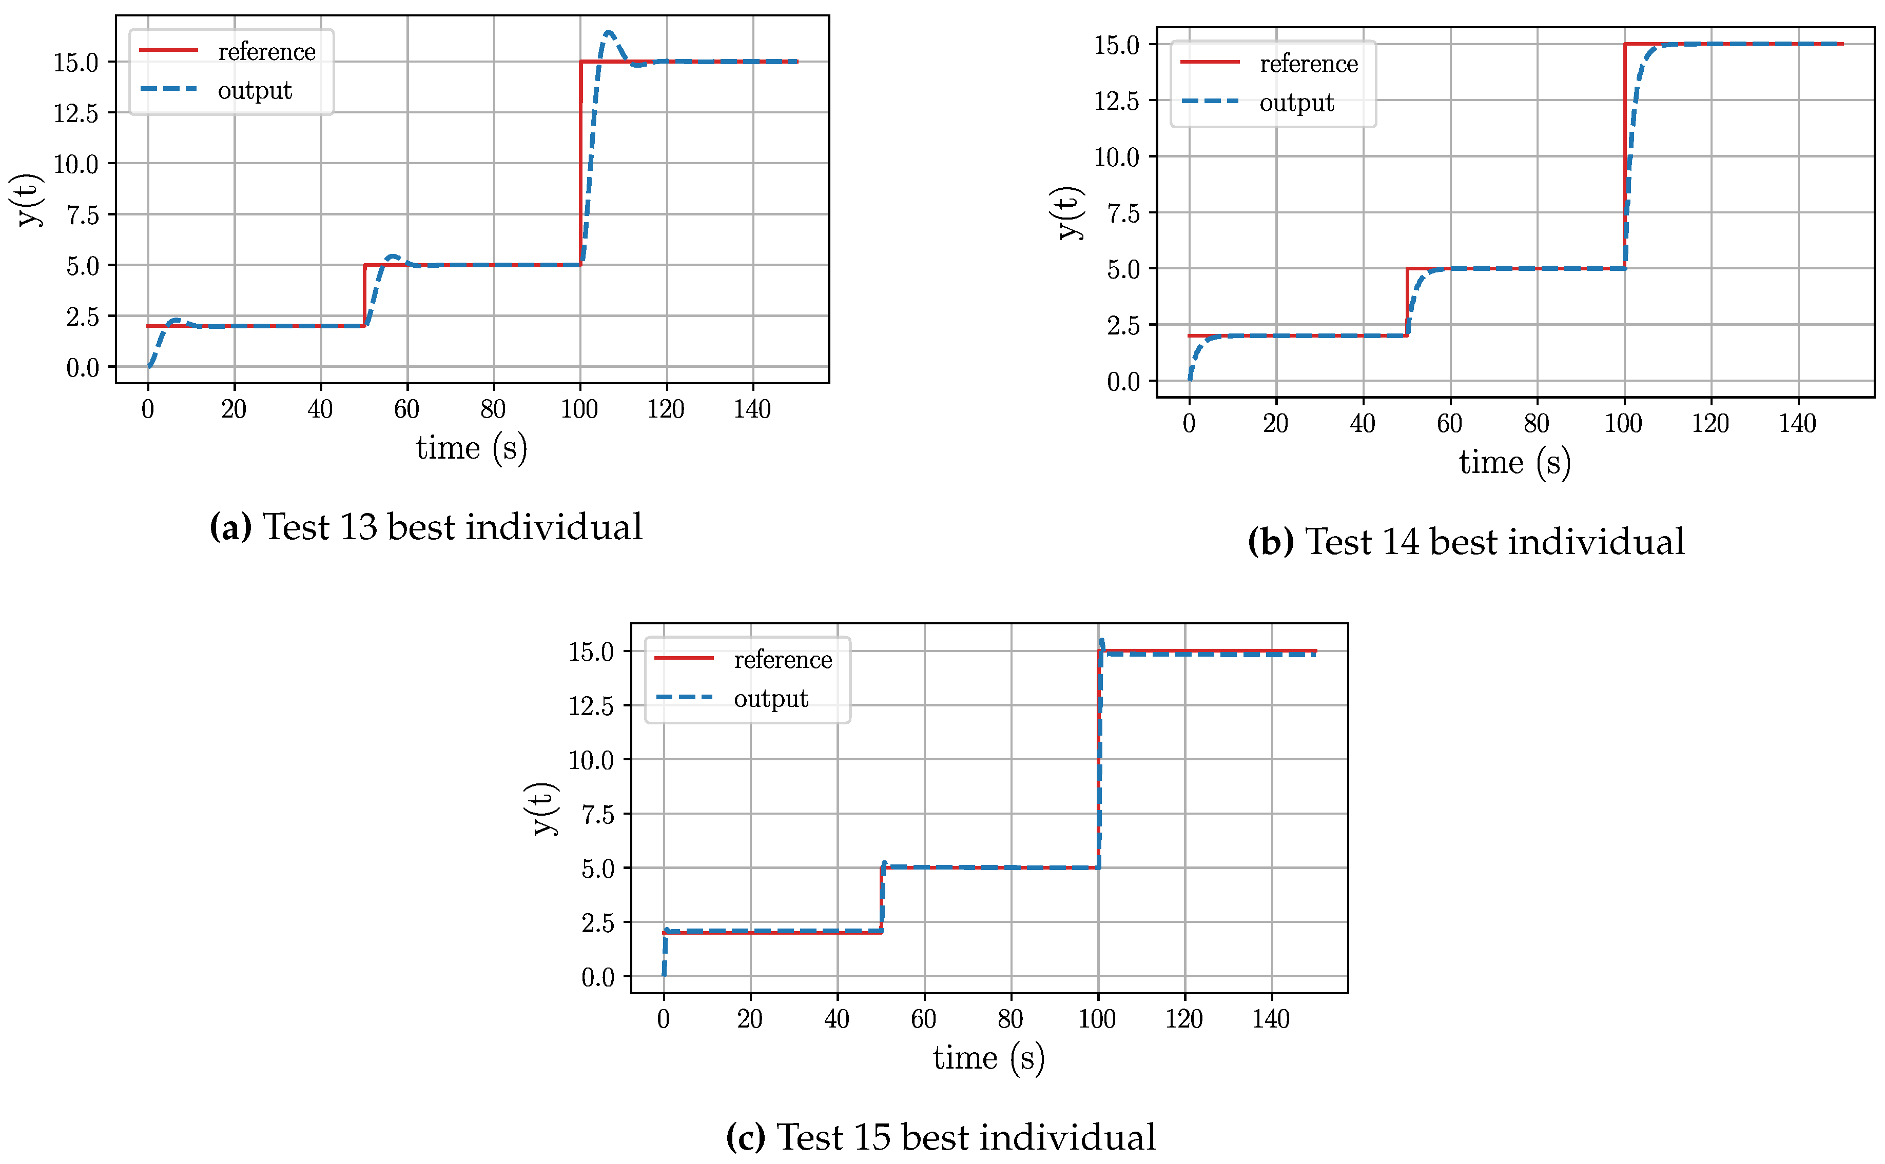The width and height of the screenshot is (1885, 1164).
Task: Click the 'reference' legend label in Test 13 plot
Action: click(266, 52)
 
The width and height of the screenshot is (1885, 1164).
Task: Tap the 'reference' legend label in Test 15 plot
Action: click(782, 660)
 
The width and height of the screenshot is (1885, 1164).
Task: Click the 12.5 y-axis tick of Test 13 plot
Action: click(75, 113)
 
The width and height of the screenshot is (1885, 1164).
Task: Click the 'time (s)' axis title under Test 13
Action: click(471, 448)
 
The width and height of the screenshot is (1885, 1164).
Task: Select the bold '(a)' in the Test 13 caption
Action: click(230, 527)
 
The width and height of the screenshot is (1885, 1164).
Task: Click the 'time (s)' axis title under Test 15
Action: click(989, 1058)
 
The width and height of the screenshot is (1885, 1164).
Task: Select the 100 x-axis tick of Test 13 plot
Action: click(579, 409)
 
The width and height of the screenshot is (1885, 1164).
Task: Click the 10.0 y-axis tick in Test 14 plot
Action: click(1117, 157)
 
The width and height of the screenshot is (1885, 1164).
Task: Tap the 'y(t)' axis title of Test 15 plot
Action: click(543, 808)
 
